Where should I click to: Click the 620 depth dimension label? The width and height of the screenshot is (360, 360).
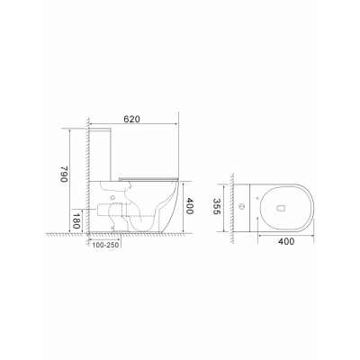[132, 119]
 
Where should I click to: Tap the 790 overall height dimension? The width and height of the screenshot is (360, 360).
[65, 174]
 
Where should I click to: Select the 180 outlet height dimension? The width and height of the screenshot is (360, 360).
[76, 220]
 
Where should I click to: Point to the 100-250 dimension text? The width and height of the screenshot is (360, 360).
[105, 245]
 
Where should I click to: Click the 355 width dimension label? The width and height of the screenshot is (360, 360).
[217, 206]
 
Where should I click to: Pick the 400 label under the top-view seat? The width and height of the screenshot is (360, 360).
[286, 241]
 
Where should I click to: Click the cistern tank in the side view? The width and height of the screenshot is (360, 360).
[101, 155]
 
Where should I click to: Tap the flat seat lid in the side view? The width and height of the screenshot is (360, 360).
[148, 178]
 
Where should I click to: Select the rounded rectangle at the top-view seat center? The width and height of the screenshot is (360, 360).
[281, 208]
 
